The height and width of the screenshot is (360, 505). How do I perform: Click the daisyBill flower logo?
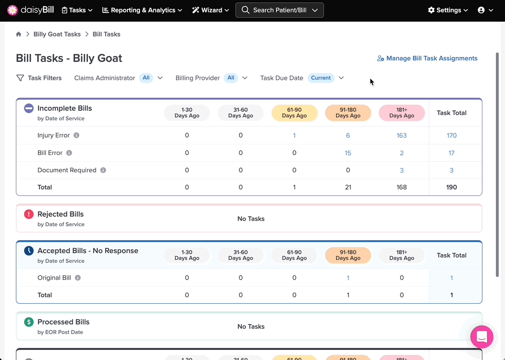[x=12, y=10]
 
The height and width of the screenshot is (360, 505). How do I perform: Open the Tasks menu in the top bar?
[x=77, y=10]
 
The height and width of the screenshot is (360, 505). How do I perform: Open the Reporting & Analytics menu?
[x=142, y=10]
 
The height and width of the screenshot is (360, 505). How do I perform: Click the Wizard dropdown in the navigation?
[x=211, y=10]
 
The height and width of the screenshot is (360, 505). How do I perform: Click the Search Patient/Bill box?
[x=279, y=10]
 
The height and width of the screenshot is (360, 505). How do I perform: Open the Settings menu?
[x=448, y=10]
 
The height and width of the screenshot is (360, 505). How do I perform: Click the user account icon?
[x=481, y=10]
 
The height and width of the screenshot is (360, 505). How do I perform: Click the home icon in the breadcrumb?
[x=19, y=34]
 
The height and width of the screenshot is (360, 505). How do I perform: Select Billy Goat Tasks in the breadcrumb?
[x=57, y=34]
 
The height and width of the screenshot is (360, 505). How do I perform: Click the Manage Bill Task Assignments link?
[x=427, y=58]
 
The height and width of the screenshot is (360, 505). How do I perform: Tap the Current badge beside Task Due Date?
[x=321, y=77]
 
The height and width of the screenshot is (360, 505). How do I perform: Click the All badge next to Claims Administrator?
[x=146, y=77]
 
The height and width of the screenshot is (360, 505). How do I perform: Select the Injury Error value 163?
[x=402, y=135]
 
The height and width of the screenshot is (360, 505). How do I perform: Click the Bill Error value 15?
[x=348, y=153]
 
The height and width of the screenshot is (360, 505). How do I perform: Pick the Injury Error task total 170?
[x=452, y=135]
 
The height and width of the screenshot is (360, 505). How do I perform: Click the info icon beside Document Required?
[x=103, y=170]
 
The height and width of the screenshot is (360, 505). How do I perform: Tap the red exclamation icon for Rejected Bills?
[x=29, y=214]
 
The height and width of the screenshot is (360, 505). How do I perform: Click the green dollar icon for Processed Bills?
[x=29, y=322]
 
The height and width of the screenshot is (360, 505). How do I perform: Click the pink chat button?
[x=482, y=337]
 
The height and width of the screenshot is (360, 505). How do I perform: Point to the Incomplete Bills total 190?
[x=452, y=187]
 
